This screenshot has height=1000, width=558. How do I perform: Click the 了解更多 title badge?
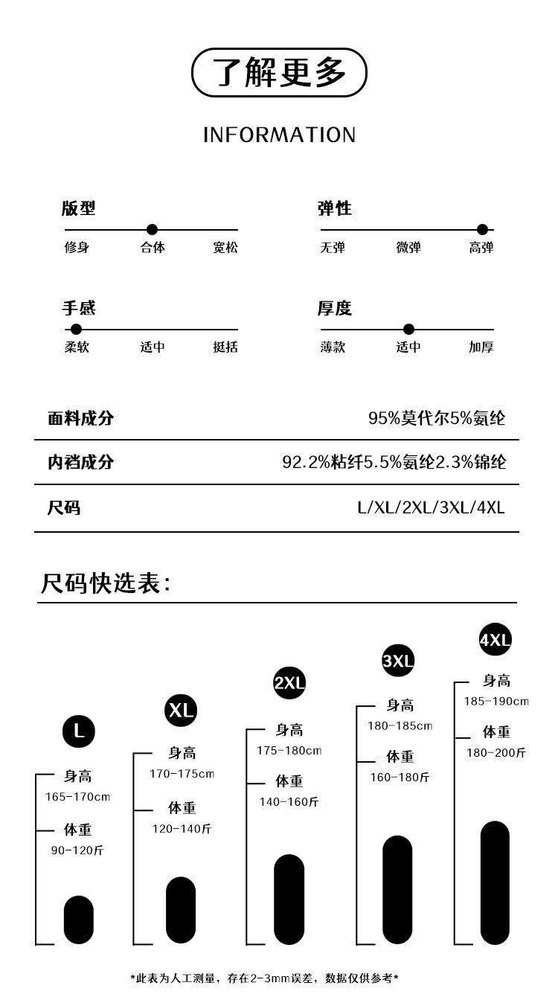tap(279, 72)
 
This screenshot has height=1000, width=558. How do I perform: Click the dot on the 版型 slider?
tap(152, 229)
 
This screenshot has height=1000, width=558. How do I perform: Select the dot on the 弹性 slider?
tap(482, 229)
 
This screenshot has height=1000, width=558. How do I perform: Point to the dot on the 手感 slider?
tap(76, 329)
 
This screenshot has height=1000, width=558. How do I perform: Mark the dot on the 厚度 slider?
tap(408, 329)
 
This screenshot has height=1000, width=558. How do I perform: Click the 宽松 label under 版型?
tap(225, 248)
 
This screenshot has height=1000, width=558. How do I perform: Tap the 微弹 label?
tap(408, 248)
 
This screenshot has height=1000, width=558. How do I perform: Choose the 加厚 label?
tap(481, 347)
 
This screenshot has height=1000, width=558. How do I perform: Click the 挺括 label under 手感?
tap(225, 347)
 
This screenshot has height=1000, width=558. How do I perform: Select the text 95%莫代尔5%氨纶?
tap(437, 418)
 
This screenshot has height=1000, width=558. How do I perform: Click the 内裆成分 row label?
tap(80, 462)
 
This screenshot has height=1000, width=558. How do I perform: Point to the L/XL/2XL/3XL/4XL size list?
tap(431, 508)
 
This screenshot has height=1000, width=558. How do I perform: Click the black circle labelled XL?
tap(181, 710)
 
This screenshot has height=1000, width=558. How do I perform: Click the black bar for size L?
tap(79, 920)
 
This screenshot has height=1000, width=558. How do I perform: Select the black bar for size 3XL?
tap(397, 890)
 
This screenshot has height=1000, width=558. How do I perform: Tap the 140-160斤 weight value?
tap(289, 802)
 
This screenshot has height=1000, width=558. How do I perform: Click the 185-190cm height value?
tap(496, 702)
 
